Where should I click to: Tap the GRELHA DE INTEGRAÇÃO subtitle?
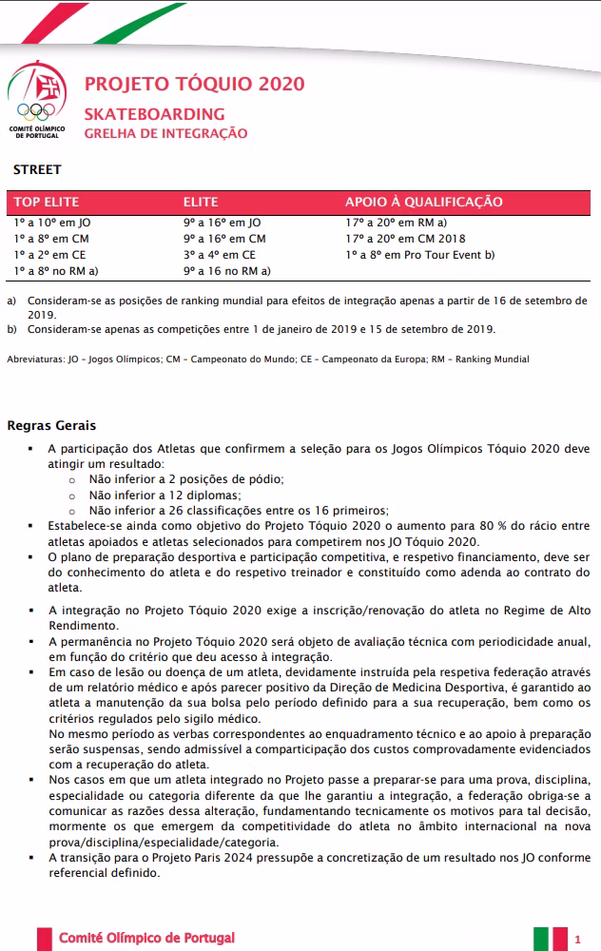165,133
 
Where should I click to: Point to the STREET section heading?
37,170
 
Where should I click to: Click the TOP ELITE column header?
47,203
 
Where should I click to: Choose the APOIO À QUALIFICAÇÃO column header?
423,203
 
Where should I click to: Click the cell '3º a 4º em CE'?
220,255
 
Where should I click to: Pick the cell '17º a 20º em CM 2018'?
406,239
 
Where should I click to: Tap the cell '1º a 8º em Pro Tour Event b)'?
420,255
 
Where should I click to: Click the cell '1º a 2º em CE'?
49,255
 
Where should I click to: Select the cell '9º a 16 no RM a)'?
227,271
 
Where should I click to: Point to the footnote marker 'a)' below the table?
12,301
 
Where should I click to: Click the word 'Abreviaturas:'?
36,359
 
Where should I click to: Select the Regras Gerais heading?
51,425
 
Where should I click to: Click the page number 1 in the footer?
578,940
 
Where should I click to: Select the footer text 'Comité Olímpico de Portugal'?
146,939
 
